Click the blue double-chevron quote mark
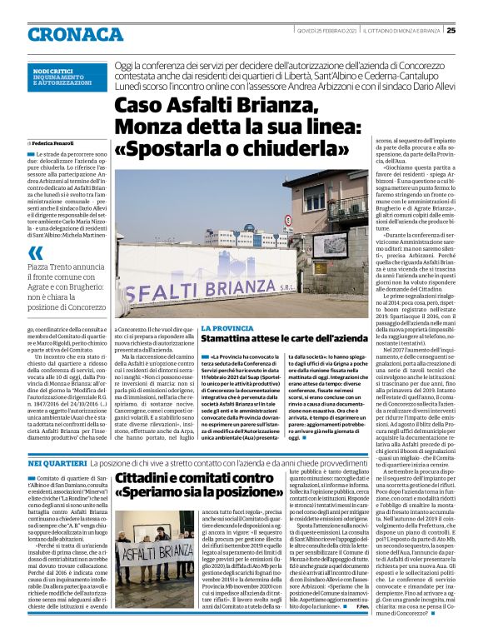point(35,253)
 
